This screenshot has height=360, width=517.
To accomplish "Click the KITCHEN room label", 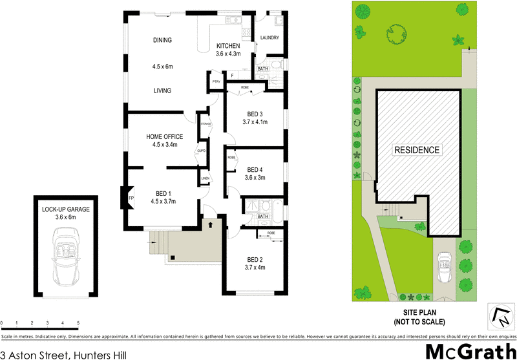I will (228, 46).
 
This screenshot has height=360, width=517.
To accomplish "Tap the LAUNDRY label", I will (269, 38).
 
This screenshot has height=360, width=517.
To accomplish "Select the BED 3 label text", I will (255, 114).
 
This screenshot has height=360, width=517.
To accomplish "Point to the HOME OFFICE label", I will (164, 136).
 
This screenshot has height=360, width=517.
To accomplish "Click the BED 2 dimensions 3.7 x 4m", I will (255, 268).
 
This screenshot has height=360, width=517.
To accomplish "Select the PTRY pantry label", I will (216, 82).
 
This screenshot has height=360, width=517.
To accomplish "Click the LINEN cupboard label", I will (205, 178).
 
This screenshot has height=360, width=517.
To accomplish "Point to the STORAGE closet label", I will (206, 123).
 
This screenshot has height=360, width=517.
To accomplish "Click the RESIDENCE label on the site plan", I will (417, 150).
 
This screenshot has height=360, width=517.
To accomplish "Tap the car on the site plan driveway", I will (444, 267).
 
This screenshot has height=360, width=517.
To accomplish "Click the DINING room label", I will (162, 41).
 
